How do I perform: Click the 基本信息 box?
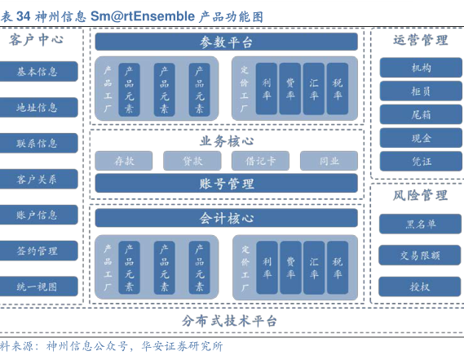[x=38, y=71]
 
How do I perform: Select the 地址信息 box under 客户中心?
[x=38, y=107]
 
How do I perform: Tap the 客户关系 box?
[x=38, y=179]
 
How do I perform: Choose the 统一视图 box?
[x=38, y=287]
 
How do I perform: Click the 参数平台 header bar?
[x=226, y=42]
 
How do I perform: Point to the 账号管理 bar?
[x=226, y=184]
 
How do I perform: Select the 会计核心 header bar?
[x=226, y=218]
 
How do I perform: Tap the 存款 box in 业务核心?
[x=124, y=161]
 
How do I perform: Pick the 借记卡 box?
[x=260, y=161]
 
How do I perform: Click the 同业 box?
[x=329, y=161]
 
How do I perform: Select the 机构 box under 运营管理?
[x=421, y=68]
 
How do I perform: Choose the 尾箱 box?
[x=421, y=114]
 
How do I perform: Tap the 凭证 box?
[x=421, y=161]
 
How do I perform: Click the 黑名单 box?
[x=420, y=224]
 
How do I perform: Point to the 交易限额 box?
[x=420, y=256]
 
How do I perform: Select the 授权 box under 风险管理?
[x=420, y=287]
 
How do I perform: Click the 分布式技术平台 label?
[x=229, y=321]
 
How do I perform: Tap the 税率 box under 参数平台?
[x=338, y=89]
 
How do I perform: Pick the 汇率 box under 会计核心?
[x=314, y=268]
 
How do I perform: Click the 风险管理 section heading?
[x=420, y=195]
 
